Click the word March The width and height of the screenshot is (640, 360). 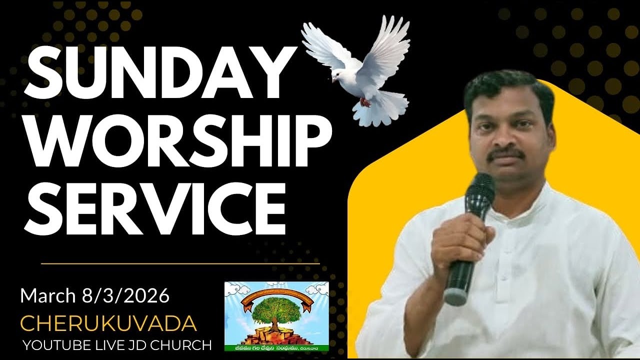(47, 296)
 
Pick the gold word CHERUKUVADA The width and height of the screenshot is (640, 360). (108, 324)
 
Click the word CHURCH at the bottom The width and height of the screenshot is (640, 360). (185, 345)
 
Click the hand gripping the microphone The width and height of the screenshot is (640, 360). (460, 240)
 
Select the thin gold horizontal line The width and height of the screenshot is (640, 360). (180, 263)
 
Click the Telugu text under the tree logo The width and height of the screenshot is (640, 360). (276, 345)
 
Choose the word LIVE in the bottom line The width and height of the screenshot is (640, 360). (105, 345)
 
